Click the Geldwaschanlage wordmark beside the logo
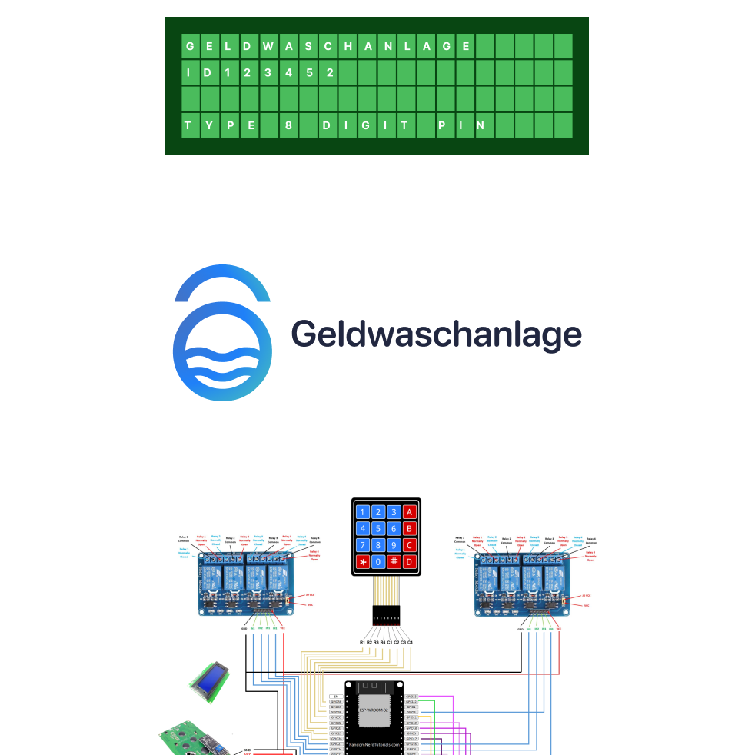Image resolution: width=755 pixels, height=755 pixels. (x=436, y=334)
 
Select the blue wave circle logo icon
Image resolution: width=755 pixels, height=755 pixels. (x=222, y=351)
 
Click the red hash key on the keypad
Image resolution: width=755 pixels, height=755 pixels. (x=394, y=562)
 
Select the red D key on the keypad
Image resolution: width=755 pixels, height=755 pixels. (x=410, y=562)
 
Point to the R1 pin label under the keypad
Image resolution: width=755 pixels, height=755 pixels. (x=362, y=641)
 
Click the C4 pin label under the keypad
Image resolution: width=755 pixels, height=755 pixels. (x=411, y=641)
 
